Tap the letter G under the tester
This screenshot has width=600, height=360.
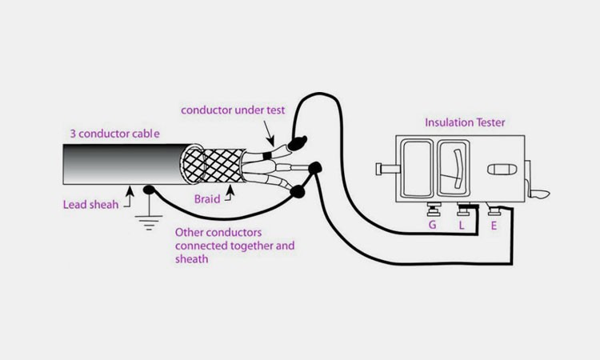coord(433,226)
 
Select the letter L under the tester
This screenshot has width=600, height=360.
coord(462,226)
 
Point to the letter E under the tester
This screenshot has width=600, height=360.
coord(493,226)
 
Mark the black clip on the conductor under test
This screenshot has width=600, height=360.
coord(295,143)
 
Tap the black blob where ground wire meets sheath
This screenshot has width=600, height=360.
coord(149,190)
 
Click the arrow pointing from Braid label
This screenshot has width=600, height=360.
coord(231,190)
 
